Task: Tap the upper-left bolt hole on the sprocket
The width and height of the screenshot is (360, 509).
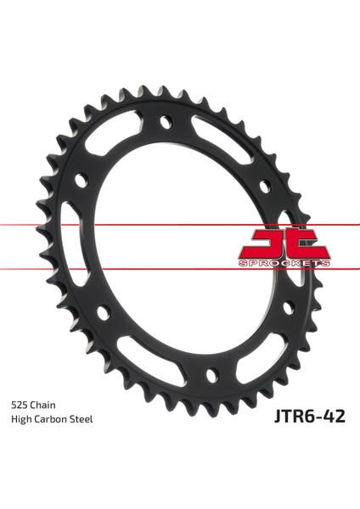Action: click(82, 180)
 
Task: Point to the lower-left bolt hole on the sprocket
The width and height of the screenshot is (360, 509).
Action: click(104, 312)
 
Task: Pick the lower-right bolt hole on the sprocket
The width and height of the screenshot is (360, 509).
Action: click(287, 305)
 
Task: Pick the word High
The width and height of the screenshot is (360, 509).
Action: click(22, 420)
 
